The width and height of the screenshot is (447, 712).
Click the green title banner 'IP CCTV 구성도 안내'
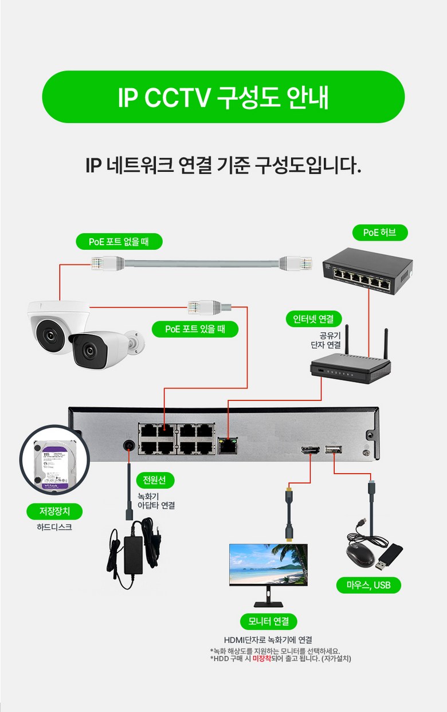pos(223,97)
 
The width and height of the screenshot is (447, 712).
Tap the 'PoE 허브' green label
pos(379,233)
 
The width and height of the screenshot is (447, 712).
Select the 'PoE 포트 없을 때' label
pos(119,242)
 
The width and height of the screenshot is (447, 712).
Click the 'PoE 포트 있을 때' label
pos(195,329)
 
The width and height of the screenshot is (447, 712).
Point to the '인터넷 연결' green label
pos(313,318)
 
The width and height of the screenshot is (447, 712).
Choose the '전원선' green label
pos(155,480)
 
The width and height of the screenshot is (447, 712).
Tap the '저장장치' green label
pos(55,511)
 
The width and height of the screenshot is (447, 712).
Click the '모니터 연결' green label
pos(269,621)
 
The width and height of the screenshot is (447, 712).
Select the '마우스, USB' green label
pos(368,585)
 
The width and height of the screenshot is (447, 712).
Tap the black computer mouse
pos(359,554)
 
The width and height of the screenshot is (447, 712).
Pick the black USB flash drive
pos(390,555)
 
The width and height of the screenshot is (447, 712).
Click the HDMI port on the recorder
pos(310,451)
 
